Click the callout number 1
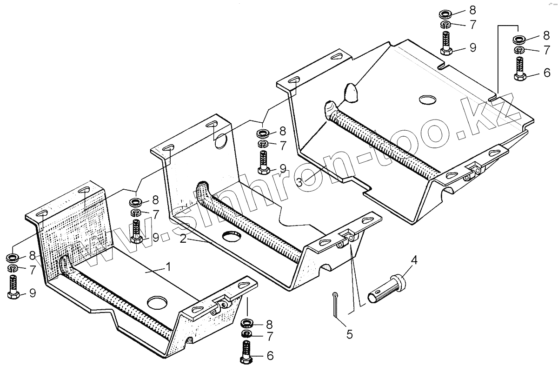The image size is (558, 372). pos(168,267)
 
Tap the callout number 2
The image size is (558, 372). pos(183,239)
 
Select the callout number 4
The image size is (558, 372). pos(413,260)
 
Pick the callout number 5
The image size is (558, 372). pos(349,333)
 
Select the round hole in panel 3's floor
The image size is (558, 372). pos(428,99)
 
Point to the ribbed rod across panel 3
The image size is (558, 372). pos(381,140)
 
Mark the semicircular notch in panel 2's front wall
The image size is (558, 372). pos(327,267)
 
